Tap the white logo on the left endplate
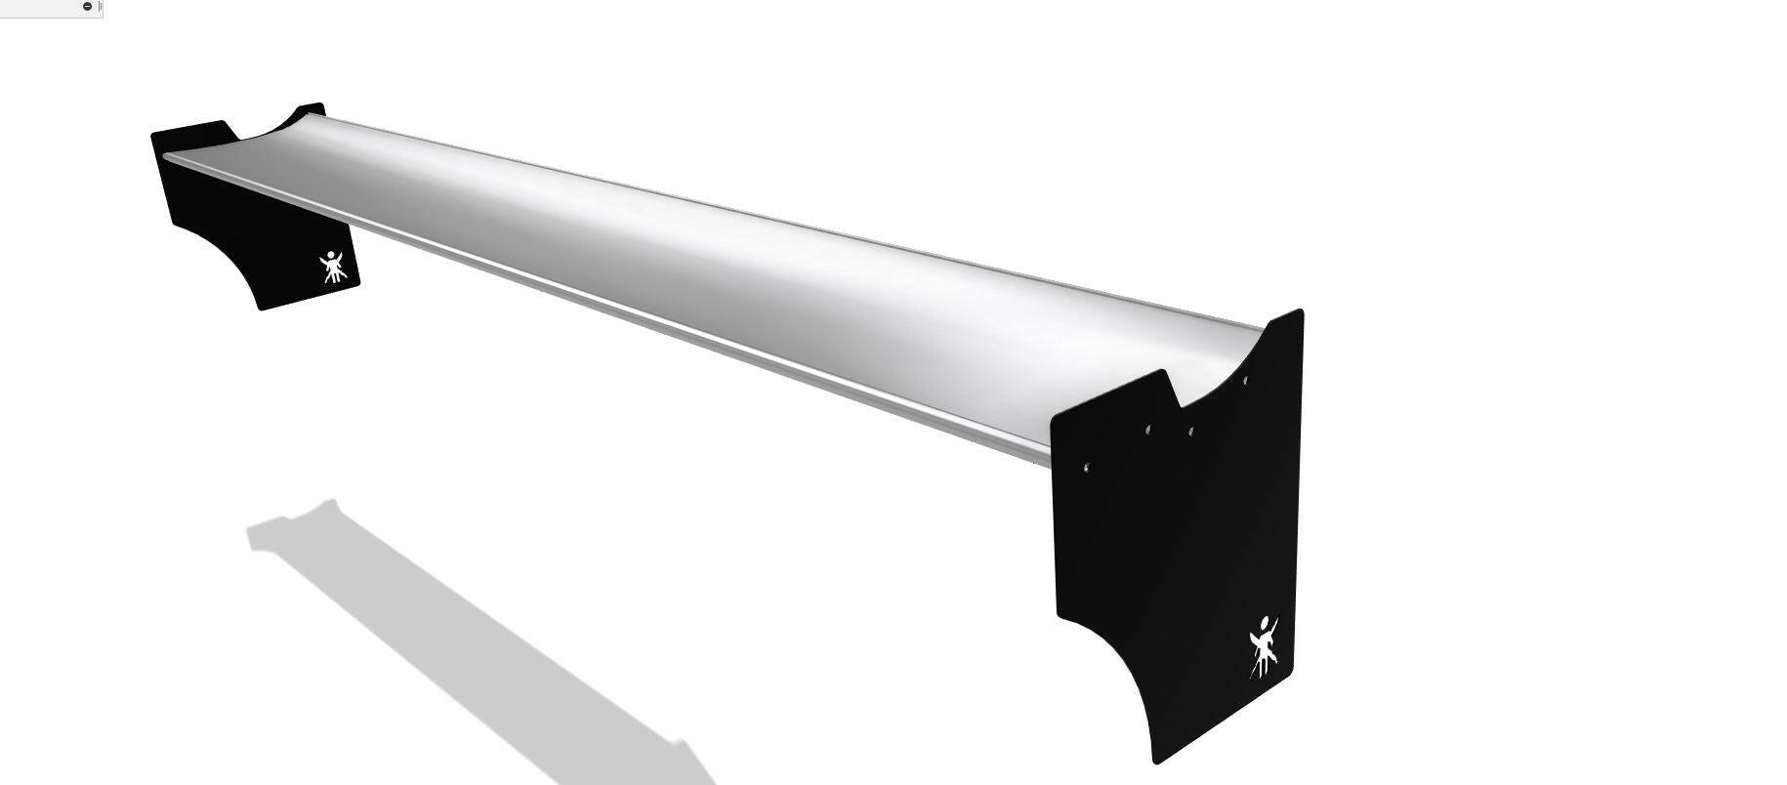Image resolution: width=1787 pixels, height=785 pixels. pyautogui.click(x=333, y=267)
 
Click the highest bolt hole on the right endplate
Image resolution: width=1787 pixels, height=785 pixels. pyautogui.click(x=1245, y=380)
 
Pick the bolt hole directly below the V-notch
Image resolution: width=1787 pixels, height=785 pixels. pyautogui.click(x=1190, y=431)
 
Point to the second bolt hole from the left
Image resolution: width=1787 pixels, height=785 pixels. pyautogui.click(x=1148, y=429)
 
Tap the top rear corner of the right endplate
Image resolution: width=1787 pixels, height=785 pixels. pyautogui.click(x=1300, y=311)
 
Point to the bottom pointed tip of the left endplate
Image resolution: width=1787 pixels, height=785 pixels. pyautogui.click(x=261, y=309)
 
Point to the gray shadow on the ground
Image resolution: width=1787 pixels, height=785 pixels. pyautogui.click(x=469, y=635)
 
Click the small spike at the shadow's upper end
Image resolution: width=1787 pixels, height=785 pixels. pyautogui.click(x=332, y=502)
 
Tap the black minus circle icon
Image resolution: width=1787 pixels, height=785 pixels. pyautogui.click(x=87, y=7)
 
